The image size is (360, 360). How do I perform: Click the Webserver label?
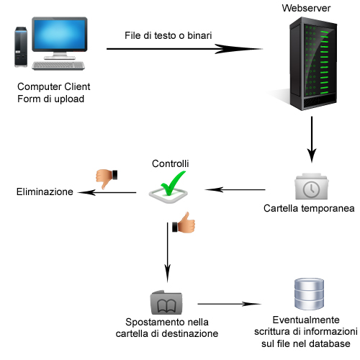pyautogui.click(x=306, y=8)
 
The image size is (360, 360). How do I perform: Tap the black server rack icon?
pyautogui.click(x=313, y=64)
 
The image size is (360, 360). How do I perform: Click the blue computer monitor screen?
pyautogui.click(x=60, y=34)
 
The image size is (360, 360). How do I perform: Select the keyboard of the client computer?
pyautogui.click(x=58, y=66)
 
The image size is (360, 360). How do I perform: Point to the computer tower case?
pyautogui.click(x=21, y=47)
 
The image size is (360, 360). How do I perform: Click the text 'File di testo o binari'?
pyautogui.click(x=168, y=35)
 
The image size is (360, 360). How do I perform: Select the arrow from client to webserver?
pyautogui.click(x=184, y=49)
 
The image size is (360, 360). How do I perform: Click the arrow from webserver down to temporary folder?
pyautogui.click(x=312, y=140)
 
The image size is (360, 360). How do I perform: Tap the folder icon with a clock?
pyautogui.click(x=312, y=186)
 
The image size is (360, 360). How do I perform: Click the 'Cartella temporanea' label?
pyautogui.click(x=309, y=208)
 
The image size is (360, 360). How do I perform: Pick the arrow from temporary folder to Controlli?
pyautogui.click(x=235, y=189)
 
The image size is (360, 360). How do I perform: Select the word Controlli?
pyautogui.click(x=171, y=163)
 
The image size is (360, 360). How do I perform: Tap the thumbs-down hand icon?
pyautogui.click(x=107, y=179)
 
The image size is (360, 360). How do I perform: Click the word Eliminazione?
pyautogui.click(x=45, y=192)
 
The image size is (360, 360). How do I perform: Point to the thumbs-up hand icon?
pyautogui.click(x=184, y=222)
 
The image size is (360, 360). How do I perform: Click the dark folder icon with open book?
pyautogui.click(x=166, y=302)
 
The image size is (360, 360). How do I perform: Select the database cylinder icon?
pyautogui.click(x=309, y=294)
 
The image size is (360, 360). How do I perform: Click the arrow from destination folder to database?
pyautogui.click(x=229, y=304)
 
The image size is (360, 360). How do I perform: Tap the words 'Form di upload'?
pyautogui.click(x=50, y=99)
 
